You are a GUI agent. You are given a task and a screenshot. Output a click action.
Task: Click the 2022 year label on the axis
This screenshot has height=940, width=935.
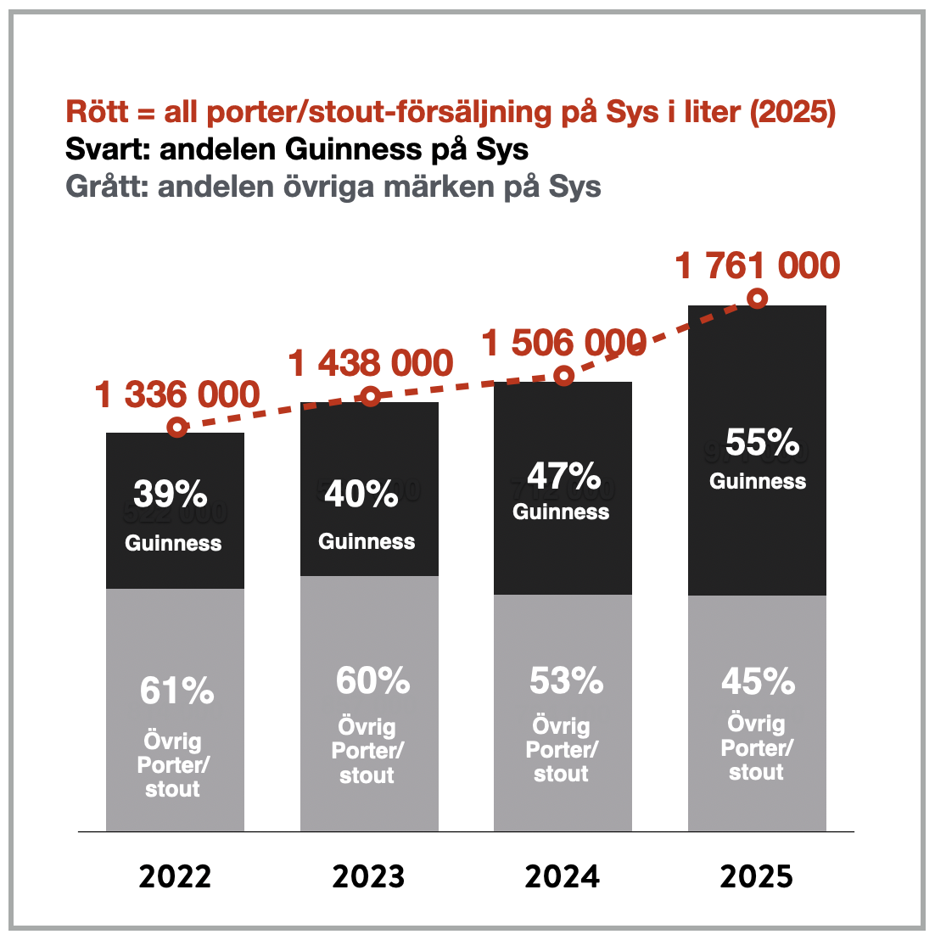(174, 876)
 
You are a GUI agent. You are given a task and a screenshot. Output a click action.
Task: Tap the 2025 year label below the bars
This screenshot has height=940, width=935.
(757, 876)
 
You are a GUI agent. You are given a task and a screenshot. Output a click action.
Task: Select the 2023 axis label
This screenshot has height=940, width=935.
(368, 876)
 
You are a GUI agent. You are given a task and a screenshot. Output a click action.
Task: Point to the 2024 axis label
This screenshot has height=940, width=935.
(562, 876)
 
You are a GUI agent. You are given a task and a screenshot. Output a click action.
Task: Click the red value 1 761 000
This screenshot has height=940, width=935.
(757, 266)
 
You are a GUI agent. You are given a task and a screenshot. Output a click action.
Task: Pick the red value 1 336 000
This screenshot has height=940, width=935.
(177, 394)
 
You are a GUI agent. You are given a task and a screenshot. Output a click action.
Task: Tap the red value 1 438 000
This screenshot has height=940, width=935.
(371, 363)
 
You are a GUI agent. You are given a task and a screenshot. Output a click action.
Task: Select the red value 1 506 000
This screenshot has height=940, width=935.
(564, 343)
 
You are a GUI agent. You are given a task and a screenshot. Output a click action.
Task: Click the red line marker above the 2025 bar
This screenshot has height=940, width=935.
(758, 299)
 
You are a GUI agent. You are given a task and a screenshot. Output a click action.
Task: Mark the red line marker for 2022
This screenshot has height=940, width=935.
(176, 427)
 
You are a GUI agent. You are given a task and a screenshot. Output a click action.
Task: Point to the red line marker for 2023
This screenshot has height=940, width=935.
(371, 396)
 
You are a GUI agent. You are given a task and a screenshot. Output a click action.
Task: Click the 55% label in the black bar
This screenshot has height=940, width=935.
(762, 443)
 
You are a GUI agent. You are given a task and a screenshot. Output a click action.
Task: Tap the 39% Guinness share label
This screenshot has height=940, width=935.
(171, 493)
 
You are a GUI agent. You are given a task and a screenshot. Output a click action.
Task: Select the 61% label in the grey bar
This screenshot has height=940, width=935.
(176, 691)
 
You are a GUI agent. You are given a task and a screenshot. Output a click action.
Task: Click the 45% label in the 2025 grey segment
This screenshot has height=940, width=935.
(759, 681)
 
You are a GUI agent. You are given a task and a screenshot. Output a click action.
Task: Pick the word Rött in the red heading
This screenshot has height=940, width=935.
(98, 112)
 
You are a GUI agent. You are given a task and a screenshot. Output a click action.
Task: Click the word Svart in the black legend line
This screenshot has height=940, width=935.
(105, 149)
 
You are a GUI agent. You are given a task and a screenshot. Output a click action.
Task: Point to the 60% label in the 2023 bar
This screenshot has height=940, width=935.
(372, 681)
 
